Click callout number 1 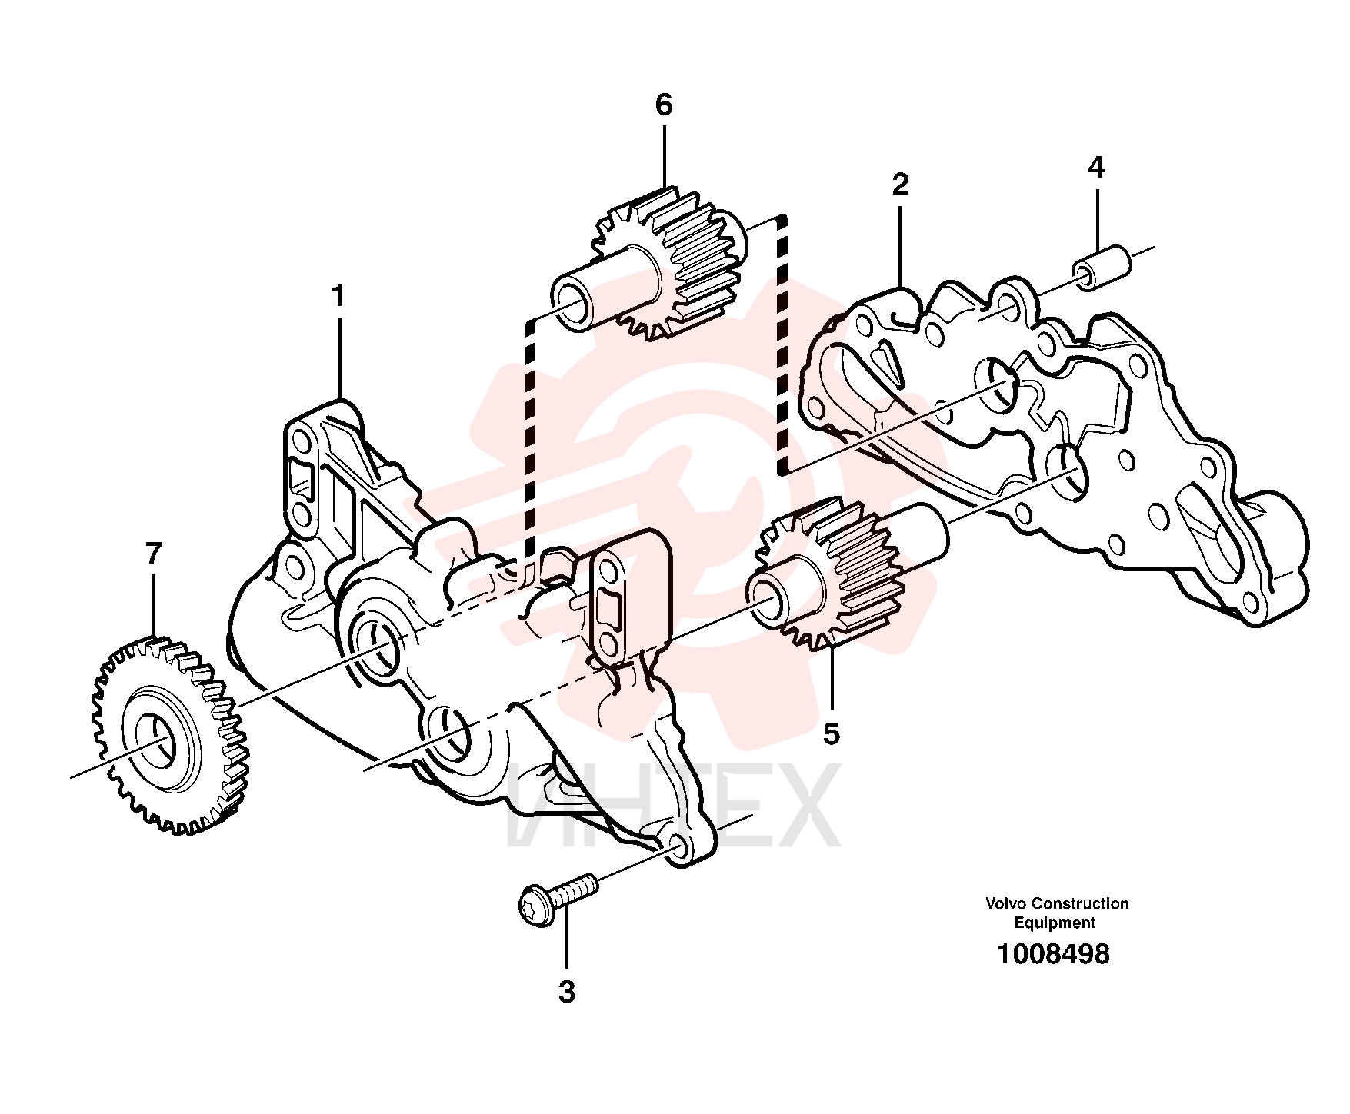tap(338, 296)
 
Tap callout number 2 tap(900, 185)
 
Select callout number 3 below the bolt tap(567, 992)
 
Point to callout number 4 tap(1096, 167)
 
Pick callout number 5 tap(832, 733)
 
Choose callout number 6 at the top tap(664, 105)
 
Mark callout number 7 tap(154, 554)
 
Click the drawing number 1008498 tap(1053, 954)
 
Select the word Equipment tap(1055, 923)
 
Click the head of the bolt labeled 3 tap(535, 902)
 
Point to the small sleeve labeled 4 tap(1102, 267)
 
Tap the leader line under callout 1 tap(339, 354)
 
